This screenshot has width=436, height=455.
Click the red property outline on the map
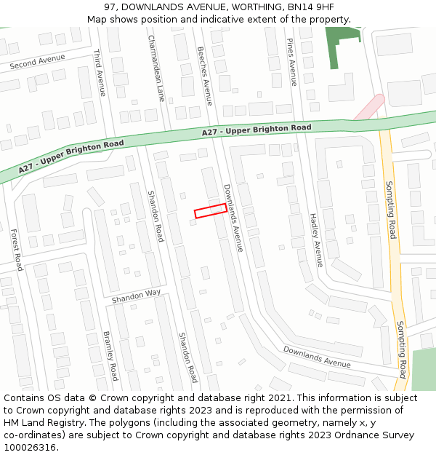coord(211,210)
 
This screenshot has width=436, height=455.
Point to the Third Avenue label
coord(100,72)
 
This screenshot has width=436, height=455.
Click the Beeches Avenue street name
coord(205,76)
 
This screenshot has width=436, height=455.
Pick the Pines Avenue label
coord(291,62)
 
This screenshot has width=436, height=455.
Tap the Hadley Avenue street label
coord(316,240)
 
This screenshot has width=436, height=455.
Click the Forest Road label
coord(16,250)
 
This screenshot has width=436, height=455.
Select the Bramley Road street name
coord(110,356)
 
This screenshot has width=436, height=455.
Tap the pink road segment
coord(369,106)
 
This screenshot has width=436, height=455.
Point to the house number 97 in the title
coord(110,7)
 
